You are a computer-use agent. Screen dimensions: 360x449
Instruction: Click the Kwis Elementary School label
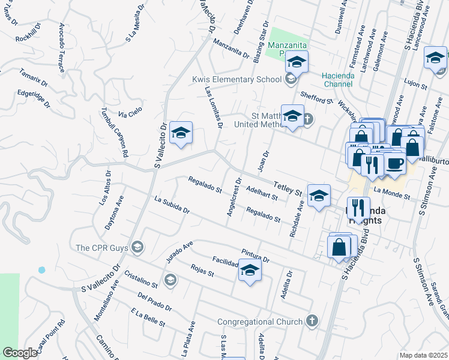pyautogui.click(x=237, y=79)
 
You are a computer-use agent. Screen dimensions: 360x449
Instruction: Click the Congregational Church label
pyautogui.click(x=260, y=322)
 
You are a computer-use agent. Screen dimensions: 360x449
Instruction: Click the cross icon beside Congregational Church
pyautogui.click(x=312, y=321)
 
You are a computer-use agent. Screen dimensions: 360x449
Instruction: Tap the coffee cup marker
pyautogui.click(x=395, y=164)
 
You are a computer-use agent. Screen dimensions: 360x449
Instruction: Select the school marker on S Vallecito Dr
pyautogui.click(x=180, y=133)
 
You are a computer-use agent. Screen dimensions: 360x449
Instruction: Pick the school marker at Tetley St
pyautogui.click(x=319, y=196)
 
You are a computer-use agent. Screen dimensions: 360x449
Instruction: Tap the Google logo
pyautogui.click(x=20, y=353)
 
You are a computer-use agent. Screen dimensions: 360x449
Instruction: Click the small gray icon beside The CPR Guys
pyautogui.click(x=137, y=247)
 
